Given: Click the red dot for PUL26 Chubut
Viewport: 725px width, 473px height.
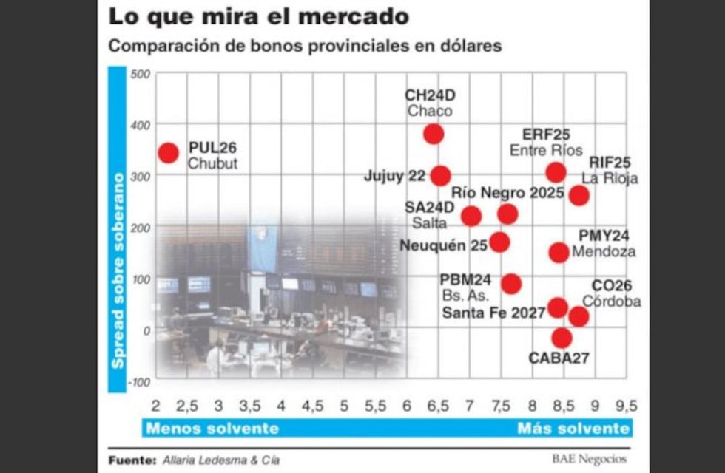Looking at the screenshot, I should pyautogui.click(x=169, y=153).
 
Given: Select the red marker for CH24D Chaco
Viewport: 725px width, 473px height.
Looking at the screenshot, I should pyautogui.click(x=434, y=134).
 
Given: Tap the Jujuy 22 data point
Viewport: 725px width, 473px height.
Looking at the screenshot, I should pyautogui.click(x=440, y=175).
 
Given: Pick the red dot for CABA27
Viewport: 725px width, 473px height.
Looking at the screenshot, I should pyautogui.click(x=562, y=338).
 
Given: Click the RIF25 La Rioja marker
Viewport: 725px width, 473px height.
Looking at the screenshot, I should pyautogui.click(x=579, y=195).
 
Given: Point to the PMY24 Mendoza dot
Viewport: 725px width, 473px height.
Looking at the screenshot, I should pyautogui.click(x=559, y=252).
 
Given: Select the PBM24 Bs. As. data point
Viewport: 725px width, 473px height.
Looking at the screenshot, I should pyautogui.click(x=510, y=284).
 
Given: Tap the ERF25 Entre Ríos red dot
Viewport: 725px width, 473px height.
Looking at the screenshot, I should pyautogui.click(x=556, y=172).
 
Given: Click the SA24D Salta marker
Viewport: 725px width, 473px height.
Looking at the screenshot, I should pyautogui.click(x=471, y=216).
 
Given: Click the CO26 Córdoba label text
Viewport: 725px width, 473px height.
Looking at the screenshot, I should pyautogui.click(x=611, y=294).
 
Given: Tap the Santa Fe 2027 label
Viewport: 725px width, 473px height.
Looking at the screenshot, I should pyautogui.click(x=494, y=313).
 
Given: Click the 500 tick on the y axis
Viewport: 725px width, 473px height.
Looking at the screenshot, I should pyautogui.click(x=139, y=74).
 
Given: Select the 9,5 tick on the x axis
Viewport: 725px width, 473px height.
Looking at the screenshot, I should pyautogui.click(x=625, y=406).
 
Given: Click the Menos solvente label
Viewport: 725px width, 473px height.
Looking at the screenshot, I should pyautogui.click(x=212, y=429).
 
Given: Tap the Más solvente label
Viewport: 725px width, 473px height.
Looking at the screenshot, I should pyautogui.click(x=573, y=429).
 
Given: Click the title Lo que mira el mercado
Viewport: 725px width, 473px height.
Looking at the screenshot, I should pyautogui.click(x=258, y=16).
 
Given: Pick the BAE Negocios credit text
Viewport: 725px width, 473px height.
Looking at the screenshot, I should pyautogui.click(x=588, y=459).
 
